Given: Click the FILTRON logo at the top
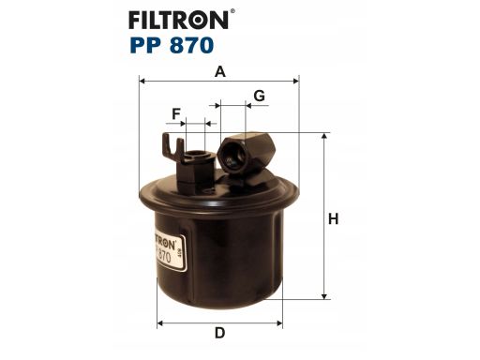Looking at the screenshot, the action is (179, 20).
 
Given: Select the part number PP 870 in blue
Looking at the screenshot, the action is (172, 45).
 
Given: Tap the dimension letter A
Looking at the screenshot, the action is (220, 72).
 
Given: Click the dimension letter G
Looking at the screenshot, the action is (260, 96).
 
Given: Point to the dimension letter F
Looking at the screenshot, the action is (176, 114).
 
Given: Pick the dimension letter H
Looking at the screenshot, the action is (333, 218).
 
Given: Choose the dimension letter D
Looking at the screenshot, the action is (219, 333).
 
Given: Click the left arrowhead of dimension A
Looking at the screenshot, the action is (142, 82).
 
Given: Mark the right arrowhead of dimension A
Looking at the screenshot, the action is (295, 82).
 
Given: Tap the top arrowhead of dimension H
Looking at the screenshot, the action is (324, 136).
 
